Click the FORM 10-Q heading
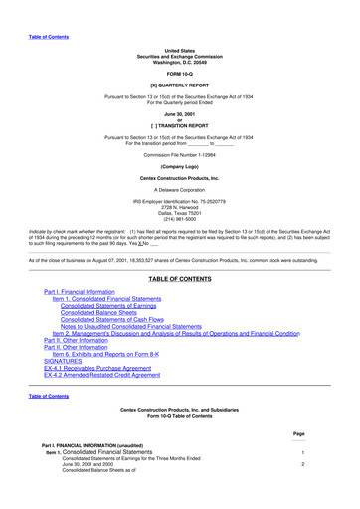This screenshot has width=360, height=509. pyautogui.click(x=180, y=73)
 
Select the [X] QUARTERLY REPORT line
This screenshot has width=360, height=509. pyautogui.click(x=180, y=86)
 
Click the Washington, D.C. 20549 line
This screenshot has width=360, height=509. pyautogui.click(x=180, y=58)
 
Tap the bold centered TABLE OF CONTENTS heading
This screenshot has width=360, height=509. pyautogui.click(x=180, y=281)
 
